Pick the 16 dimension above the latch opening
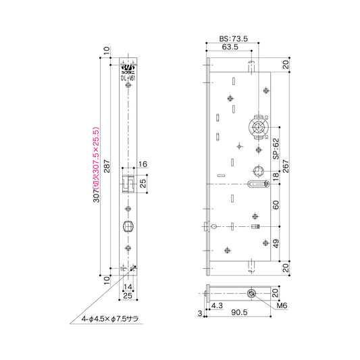click(x=143, y=164)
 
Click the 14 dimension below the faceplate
click(x=129, y=287)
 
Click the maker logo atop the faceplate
click(x=129, y=68)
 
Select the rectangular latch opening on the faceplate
click(x=128, y=183)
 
